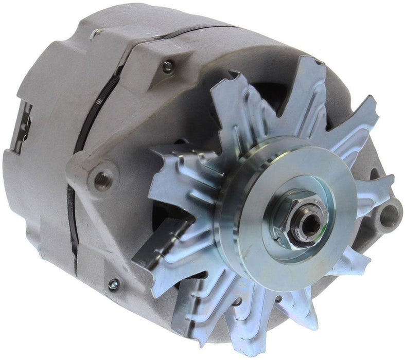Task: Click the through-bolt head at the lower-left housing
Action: (113, 282)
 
